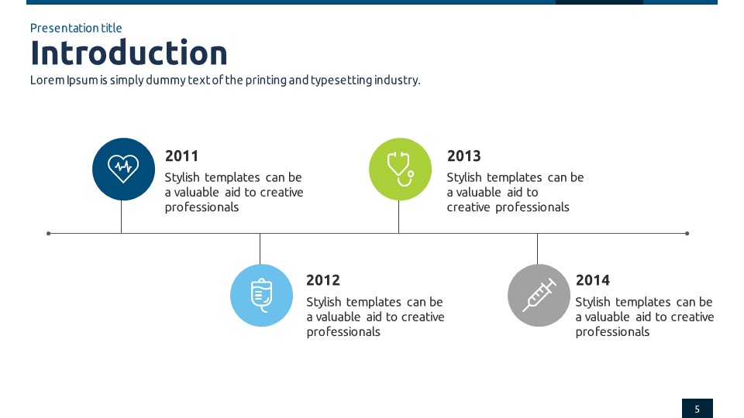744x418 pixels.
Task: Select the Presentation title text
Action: click(76, 28)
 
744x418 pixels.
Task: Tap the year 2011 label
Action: click(181, 156)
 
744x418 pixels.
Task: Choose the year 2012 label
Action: click(322, 280)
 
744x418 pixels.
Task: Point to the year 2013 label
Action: click(463, 156)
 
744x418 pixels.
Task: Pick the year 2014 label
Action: click(593, 280)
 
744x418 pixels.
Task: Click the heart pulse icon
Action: click(123, 169)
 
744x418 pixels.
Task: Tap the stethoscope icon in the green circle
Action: click(401, 169)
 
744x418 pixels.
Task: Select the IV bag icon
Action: click(261, 295)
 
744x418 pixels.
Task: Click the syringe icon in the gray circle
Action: click(539, 295)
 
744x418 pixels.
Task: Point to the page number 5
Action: click(697, 409)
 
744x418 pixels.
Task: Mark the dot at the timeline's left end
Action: click(48, 233)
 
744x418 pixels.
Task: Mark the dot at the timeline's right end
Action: click(687, 233)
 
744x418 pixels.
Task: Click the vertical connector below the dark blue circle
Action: click(122, 217)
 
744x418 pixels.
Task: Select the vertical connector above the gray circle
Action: click(538, 248)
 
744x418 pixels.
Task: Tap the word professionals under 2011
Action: click(201, 207)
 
